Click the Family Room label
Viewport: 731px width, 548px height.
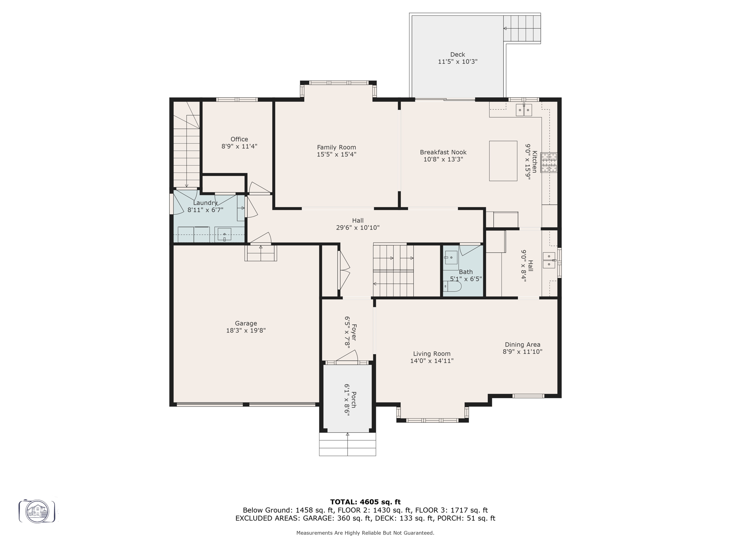[x=336, y=147]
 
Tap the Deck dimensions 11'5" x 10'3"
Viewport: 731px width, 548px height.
[x=458, y=62]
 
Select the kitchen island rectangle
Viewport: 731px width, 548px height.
[x=503, y=161]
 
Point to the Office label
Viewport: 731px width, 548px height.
[x=239, y=139]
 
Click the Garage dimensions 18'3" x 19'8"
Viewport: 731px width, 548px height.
[x=246, y=331]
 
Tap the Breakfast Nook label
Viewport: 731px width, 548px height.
[x=443, y=152]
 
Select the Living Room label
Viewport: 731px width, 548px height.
[x=432, y=354]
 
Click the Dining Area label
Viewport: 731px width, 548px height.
[x=522, y=345]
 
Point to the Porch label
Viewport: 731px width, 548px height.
[x=354, y=400]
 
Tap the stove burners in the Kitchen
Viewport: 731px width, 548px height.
[x=549, y=163]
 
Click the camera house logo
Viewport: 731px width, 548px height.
[x=37, y=511]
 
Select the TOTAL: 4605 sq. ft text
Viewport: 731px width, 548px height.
[x=365, y=502]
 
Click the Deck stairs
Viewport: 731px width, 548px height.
[x=521, y=28]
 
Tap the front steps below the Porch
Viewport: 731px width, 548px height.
[x=347, y=444]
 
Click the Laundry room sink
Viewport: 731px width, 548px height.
[x=225, y=234]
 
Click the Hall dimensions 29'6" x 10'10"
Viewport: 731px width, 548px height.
[x=358, y=228]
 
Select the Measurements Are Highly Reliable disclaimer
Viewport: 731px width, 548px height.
[x=365, y=533]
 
